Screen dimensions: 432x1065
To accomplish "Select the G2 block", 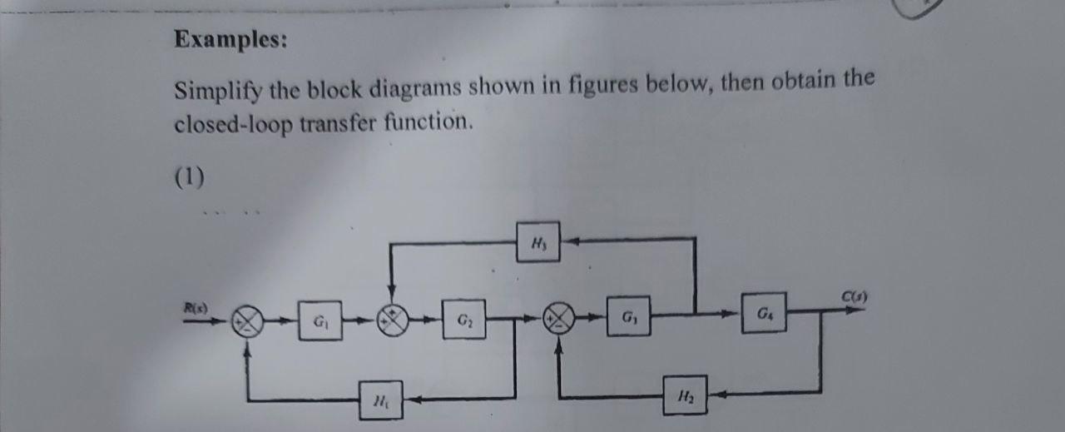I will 463,319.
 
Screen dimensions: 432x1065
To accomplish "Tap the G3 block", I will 628,316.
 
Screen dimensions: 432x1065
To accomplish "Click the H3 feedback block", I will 537,241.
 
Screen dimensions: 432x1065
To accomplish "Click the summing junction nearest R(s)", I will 247,320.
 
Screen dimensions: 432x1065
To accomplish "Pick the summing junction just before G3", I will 558,317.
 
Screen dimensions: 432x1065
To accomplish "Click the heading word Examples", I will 230,39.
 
